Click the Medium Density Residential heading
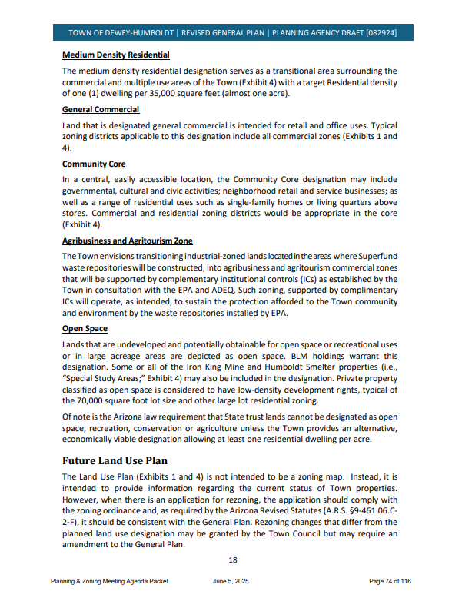(x=115, y=55)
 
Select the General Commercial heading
(x=101, y=110)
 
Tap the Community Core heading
(x=94, y=164)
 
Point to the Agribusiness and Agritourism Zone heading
(x=127, y=241)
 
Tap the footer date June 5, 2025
(x=231, y=582)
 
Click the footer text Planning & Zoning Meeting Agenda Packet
(x=109, y=582)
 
